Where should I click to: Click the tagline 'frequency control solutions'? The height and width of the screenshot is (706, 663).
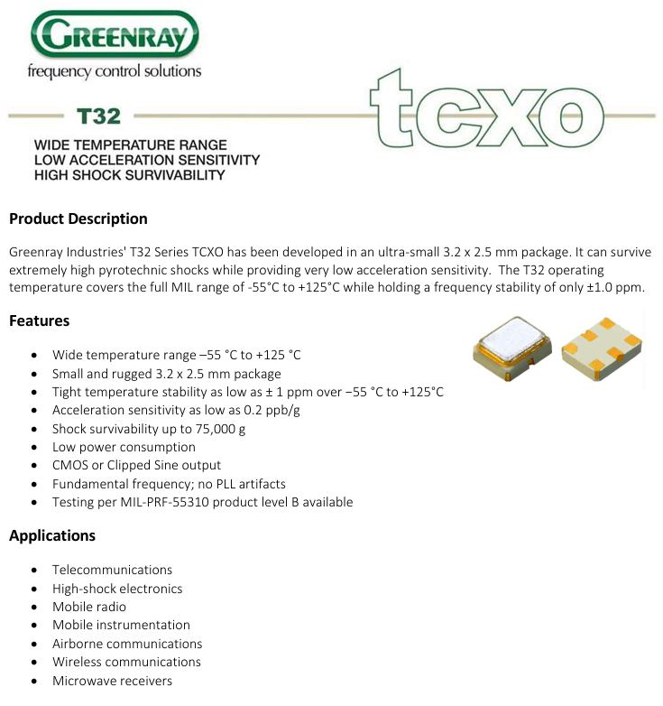115,71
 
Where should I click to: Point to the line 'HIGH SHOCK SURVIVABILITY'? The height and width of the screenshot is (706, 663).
129,175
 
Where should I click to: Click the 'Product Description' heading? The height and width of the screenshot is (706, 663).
78,218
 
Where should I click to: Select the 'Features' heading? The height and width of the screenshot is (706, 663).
40,320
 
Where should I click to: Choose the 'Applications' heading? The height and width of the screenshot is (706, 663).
52,535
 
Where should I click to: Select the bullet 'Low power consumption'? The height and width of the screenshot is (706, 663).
124,447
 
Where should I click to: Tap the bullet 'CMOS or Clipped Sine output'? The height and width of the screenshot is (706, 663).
136,465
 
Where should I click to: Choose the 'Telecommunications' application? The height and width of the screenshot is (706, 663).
112,570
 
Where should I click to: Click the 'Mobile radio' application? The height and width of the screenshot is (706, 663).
89,607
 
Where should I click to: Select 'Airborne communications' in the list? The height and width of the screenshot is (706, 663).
127,644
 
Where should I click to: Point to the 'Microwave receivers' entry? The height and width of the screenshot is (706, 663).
112,681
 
